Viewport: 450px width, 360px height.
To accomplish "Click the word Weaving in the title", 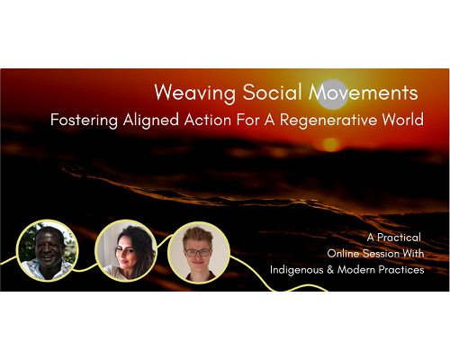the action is click(195, 93).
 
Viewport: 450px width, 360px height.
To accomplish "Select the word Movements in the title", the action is click(364, 92).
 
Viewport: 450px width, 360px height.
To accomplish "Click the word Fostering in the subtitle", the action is click(84, 121).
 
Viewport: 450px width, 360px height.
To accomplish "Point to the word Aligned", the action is click(151, 121).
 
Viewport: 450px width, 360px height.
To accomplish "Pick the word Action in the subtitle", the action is click(208, 120).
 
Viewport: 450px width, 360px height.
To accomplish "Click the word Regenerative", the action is click(328, 121).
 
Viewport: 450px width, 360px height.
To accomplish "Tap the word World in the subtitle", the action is click(402, 120).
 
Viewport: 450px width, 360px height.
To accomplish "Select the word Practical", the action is click(399, 238).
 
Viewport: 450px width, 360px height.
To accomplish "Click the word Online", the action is click(343, 254).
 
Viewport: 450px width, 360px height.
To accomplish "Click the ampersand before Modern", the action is click(330, 270).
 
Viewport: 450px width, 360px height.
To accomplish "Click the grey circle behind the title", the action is click(332, 94).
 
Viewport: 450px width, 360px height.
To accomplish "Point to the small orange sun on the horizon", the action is click(331, 145).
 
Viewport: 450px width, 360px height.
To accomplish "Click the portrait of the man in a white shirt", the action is click(48, 250).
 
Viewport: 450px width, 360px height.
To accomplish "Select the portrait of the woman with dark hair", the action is click(126, 251).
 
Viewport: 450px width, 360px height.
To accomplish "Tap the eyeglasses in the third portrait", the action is click(198, 253).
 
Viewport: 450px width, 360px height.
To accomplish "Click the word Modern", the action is click(356, 270).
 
